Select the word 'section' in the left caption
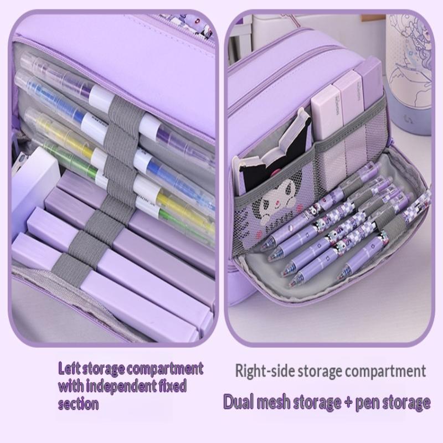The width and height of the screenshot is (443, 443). [x=78, y=404]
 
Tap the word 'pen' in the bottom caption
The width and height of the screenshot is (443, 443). [x=367, y=403]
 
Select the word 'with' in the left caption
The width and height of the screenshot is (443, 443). [x=71, y=386]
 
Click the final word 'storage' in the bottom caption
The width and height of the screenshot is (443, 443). [x=406, y=403]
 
